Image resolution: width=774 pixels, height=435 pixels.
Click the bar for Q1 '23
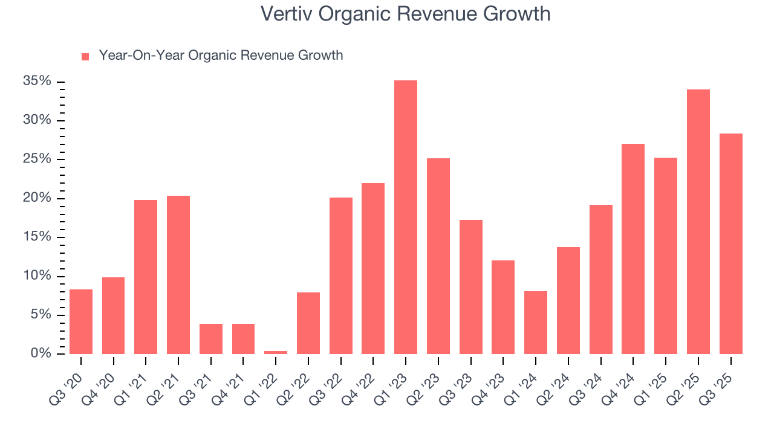click(406, 217)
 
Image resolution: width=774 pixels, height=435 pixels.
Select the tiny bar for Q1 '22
click(276, 352)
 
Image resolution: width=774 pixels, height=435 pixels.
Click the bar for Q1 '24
click(536, 323)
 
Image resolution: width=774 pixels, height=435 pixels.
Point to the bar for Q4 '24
click(633, 249)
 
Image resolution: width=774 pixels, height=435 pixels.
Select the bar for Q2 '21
click(178, 275)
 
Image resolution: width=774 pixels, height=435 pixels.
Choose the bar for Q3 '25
click(731, 244)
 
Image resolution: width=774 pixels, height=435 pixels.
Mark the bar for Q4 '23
click(503, 308)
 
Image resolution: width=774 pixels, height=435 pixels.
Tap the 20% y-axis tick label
click(37, 198)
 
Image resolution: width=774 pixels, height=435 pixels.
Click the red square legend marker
click(85, 56)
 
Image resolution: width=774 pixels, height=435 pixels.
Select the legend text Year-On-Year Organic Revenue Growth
click(221, 56)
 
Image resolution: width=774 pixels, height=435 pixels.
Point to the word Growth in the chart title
click(520, 14)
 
